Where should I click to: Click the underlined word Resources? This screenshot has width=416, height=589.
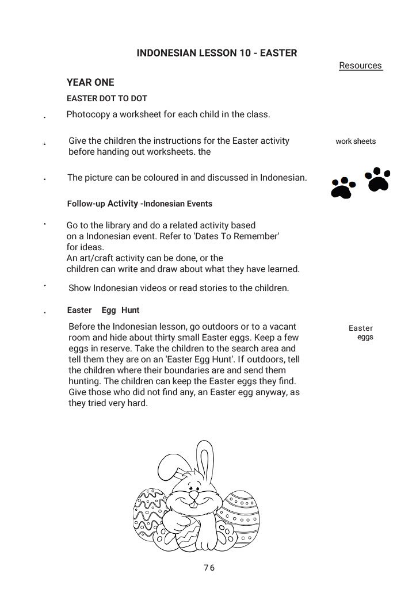360,66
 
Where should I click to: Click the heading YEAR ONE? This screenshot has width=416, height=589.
90,82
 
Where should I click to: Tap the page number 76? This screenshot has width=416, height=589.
209,568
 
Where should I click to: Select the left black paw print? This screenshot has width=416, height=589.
343,188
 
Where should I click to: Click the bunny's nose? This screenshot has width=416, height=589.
194,494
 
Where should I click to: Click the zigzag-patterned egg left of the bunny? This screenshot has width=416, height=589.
148,513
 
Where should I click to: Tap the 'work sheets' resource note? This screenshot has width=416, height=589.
356,141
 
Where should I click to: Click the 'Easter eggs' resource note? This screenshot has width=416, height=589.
361,332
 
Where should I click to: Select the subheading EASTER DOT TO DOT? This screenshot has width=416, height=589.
107,98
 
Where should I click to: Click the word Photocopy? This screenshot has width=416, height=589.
88,114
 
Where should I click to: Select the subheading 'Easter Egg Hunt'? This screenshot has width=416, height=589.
104,310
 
